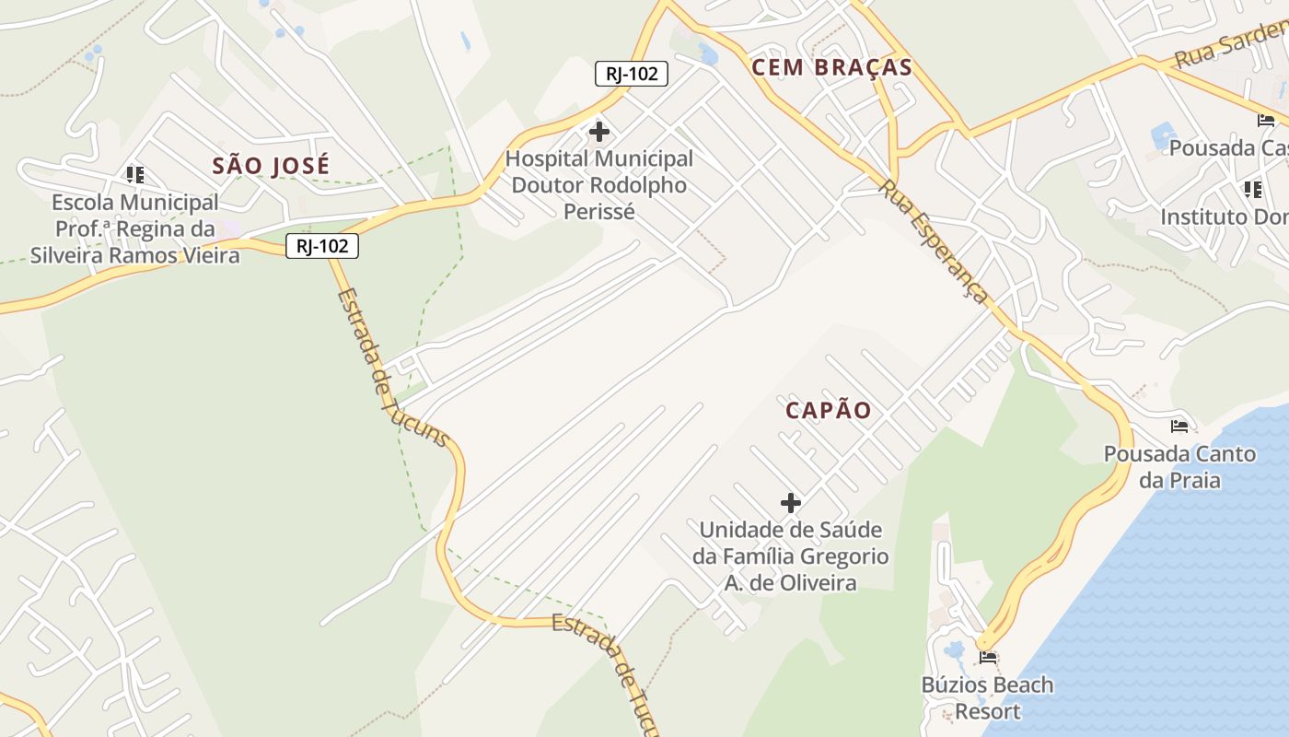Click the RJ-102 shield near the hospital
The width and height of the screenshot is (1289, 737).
click(632, 74)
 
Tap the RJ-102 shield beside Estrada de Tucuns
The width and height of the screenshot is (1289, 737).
click(321, 246)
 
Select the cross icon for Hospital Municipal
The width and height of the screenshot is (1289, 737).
click(599, 132)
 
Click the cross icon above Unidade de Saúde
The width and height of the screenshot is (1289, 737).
click(791, 503)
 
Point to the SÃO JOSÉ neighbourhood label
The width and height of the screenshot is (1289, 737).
click(271, 166)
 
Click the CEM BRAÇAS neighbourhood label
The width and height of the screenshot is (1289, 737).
click(831, 67)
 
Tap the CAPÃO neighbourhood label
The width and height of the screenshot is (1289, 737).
click(829, 411)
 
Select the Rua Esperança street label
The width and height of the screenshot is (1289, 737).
click(934, 241)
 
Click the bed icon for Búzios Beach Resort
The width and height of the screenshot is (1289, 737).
click(989, 658)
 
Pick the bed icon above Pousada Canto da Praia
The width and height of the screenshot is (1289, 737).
click(1179, 427)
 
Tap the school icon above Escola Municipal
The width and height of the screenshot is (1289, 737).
click(135, 174)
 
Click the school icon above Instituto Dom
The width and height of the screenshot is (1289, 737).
click(1253, 190)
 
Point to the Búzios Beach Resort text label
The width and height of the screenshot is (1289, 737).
click(988, 698)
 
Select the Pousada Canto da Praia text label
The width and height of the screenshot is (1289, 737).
click(1179, 467)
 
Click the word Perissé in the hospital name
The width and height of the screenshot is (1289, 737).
click(598, 212)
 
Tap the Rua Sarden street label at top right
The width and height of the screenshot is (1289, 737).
click(1230, 47)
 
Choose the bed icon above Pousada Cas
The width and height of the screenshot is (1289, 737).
click(1266, 121)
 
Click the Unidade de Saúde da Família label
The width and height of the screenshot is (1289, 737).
click(791, 556)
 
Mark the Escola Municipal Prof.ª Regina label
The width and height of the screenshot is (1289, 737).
click(135, 228)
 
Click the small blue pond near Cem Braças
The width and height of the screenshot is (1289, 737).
click(707, 54)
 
